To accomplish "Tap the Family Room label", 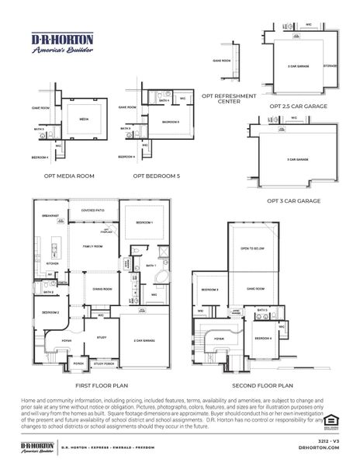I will (x=92, y=246).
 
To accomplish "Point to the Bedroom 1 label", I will (x=144, y=223).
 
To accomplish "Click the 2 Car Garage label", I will (x=144, y=340).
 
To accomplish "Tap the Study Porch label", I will (x=102, y=363).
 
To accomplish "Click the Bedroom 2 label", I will (x=51, y=312).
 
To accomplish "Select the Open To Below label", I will (x=249, y=248).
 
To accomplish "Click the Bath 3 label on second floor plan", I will (x=262, y=310).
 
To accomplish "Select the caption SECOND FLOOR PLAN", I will (x=262, y=384).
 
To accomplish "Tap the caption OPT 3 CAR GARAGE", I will (x=293, y=200).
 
